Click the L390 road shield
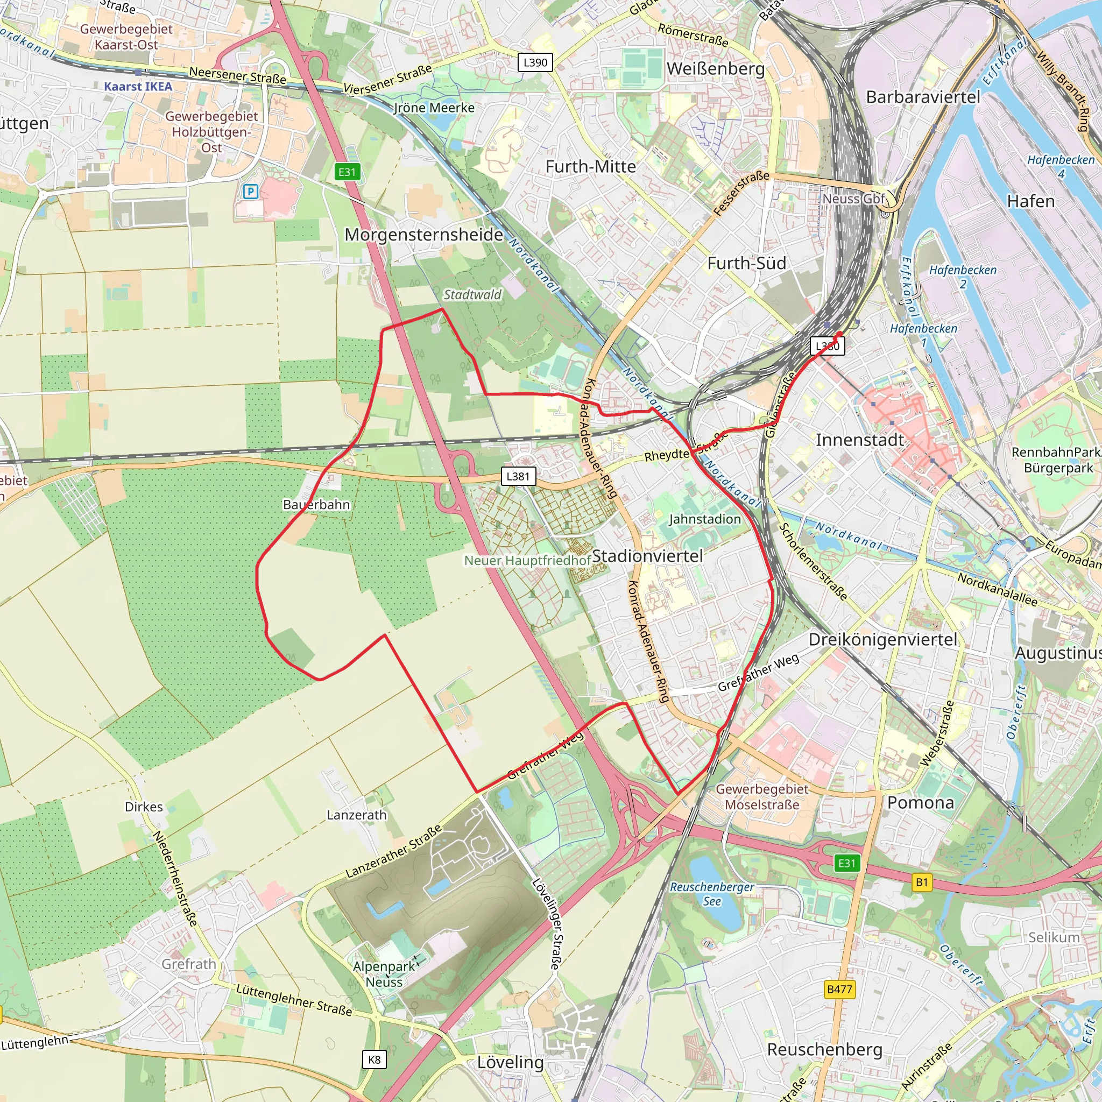pos(535,62)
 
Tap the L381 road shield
pos(518,476)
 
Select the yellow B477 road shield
pos(839,989)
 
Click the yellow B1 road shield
pos(922,882)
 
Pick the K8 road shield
pos(374,1060)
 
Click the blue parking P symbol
pos(250,192)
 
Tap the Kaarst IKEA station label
pos(138,87)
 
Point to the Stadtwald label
pos(472,294)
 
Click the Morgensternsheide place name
pos(424,235)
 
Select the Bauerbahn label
pos(316,505)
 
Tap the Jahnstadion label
pos(705,519)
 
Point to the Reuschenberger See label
pos(712,894)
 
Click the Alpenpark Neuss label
pos(384,974)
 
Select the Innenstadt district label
pos(859,440)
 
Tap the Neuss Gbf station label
pos(853,199)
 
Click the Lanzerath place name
pos(357,815)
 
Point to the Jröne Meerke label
pos(434,108)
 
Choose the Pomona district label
pos(921,802)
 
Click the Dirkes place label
pos(144,807)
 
